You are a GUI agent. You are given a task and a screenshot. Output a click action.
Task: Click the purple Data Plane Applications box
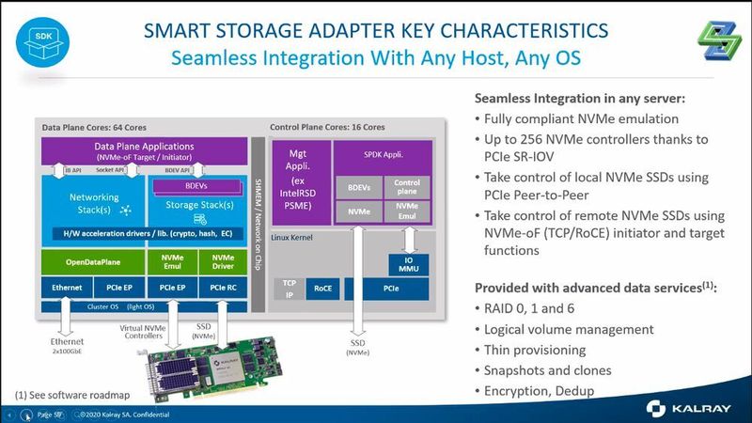(x=143, y=151)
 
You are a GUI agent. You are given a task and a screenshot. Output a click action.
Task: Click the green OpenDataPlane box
(x=91, y=260)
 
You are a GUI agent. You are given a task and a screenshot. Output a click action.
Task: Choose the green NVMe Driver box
(x=223, y=260)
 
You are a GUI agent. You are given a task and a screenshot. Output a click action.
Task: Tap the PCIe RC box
(x=223, y=287)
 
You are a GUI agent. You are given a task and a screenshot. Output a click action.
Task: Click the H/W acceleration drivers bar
(x=143, y=232)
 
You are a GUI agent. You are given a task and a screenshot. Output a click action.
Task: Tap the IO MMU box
(x=407, y=264)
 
